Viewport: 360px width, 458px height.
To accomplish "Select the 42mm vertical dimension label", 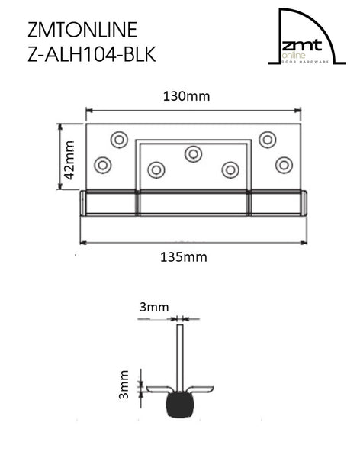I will [x=69, y=159].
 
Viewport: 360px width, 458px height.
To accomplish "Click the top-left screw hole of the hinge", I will [x=119, y=139].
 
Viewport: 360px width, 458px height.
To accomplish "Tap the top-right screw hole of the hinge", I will [x=267, y=139].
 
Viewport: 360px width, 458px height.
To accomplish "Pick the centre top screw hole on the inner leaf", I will [x=193, y=153].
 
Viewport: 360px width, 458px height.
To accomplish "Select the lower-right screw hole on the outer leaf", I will [x=284, y=164].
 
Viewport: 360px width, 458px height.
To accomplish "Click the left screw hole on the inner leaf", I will [x=156, y=169].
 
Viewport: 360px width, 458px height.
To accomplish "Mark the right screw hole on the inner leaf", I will [x=230, y=169].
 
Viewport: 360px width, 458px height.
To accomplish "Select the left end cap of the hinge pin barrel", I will [x=82, y=204].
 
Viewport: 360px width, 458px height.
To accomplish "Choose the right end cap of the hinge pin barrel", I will [x=304, y=204].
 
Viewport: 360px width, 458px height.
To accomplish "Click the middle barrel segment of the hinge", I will [x=193, y=204].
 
